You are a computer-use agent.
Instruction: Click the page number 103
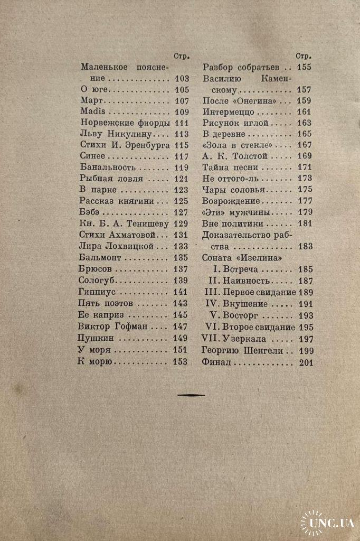coord(181,79)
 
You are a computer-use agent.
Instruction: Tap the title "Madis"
coord(93,111)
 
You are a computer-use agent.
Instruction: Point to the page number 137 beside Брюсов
coord(181,269)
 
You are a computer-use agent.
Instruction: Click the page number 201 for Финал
coord(305,362)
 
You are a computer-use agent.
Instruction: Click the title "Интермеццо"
coord(229,111)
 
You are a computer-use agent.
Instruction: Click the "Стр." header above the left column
coord(181,55)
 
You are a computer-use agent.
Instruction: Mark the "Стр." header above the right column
coord(304,55)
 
